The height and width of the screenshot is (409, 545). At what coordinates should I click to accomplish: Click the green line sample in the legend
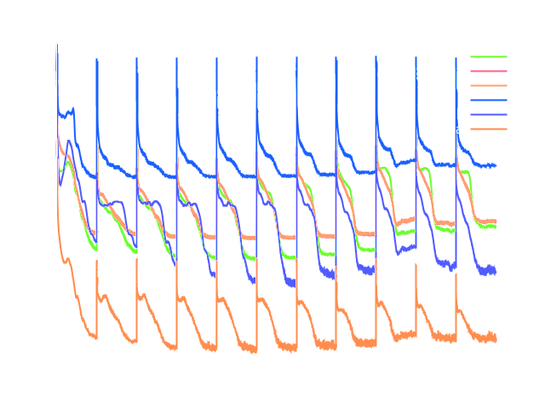(488, 56)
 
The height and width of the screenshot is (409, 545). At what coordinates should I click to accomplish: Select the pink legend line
(488, 71)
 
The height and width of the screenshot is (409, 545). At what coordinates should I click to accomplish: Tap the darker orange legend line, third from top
(488, 85)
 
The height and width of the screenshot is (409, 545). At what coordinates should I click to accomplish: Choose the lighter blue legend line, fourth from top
(488, 100)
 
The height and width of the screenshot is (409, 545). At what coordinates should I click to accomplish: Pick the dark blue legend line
(488, 114)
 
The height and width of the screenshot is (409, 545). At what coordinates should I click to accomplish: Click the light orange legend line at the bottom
(488, 129)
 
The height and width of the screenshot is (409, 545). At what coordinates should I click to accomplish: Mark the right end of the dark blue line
(496, 271)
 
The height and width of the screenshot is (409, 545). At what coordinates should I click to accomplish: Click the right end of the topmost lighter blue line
(496, 164)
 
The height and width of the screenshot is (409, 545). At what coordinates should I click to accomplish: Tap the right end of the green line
(496, 226)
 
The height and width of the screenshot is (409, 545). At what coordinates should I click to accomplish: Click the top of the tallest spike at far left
(57, 45)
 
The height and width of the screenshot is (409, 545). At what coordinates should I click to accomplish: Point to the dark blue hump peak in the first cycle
(69, 141)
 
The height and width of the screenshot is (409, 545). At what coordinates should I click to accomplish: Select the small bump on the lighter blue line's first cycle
(72, 109)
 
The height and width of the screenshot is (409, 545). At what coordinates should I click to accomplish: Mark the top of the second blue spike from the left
(96, 59)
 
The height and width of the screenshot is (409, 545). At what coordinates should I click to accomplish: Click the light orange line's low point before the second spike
(94, 337)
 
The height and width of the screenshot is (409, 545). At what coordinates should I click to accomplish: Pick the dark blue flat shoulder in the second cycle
(117, 202)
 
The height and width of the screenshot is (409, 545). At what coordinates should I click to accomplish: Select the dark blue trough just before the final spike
(452, 266)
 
